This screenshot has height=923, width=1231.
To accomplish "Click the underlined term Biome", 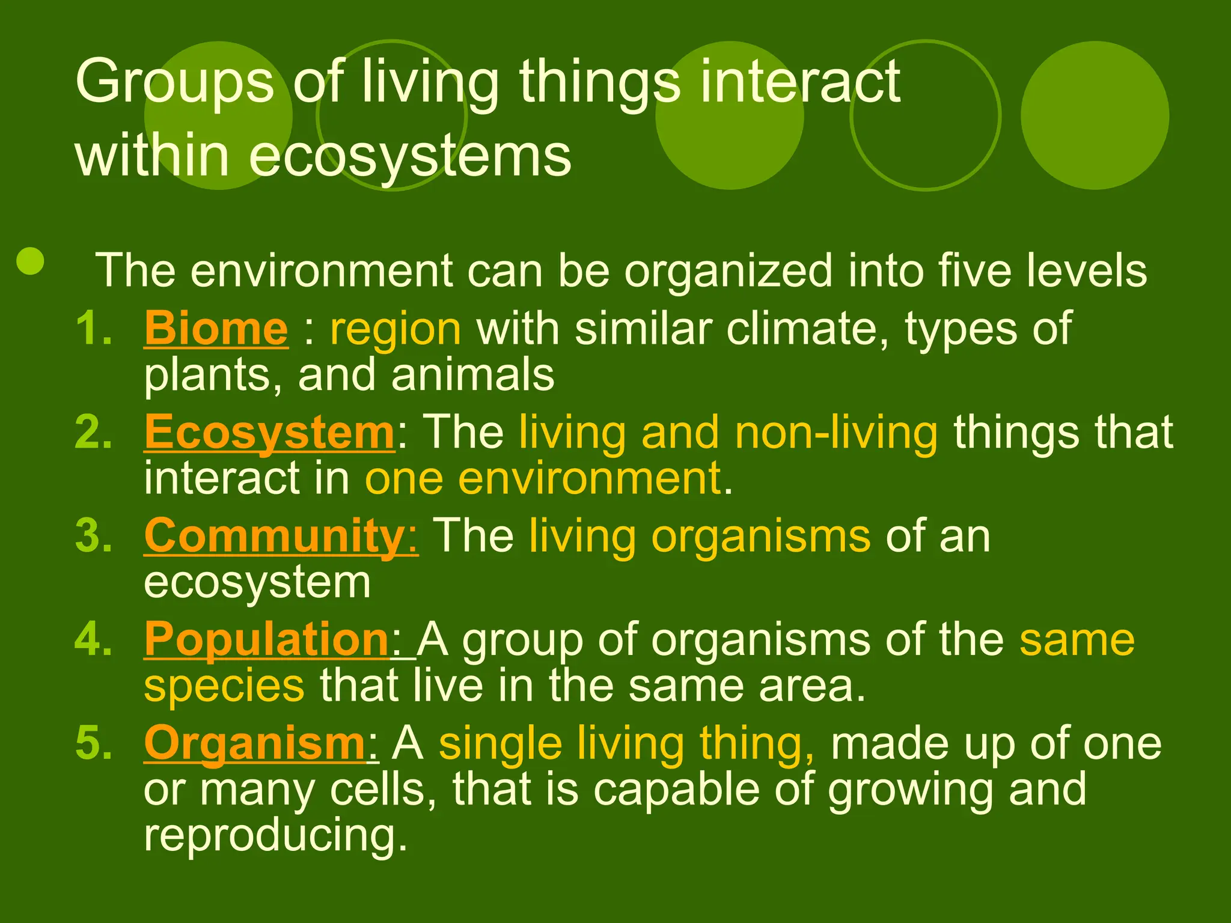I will (216, 329).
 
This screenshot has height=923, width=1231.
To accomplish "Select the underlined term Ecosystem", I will (269, 432).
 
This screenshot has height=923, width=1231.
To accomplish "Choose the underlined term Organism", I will (254, 743).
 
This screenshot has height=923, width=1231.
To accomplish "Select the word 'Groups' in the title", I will (174, 82).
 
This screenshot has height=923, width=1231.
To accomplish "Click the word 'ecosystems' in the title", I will (409, 156).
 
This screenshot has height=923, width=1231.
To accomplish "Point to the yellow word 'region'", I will (396, 329).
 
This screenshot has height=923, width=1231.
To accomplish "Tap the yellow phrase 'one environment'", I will (543, 478).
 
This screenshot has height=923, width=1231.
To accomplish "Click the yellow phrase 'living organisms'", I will (699, 535).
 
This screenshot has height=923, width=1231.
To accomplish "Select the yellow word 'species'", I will (224, 686).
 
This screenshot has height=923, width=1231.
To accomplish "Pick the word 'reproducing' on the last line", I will (275, 835).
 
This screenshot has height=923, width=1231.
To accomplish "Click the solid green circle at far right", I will (1095, 115).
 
